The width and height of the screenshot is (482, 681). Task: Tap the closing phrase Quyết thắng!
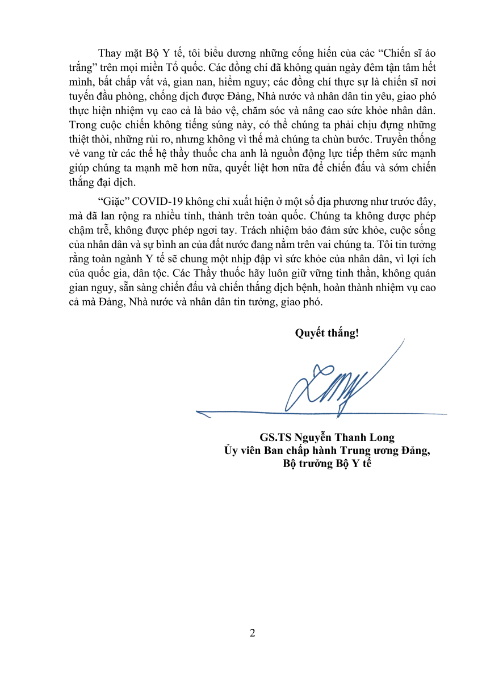pyautogui.click(x=326, y=333)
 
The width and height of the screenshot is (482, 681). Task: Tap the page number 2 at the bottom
pyautogui.click(x=252, y=633)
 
